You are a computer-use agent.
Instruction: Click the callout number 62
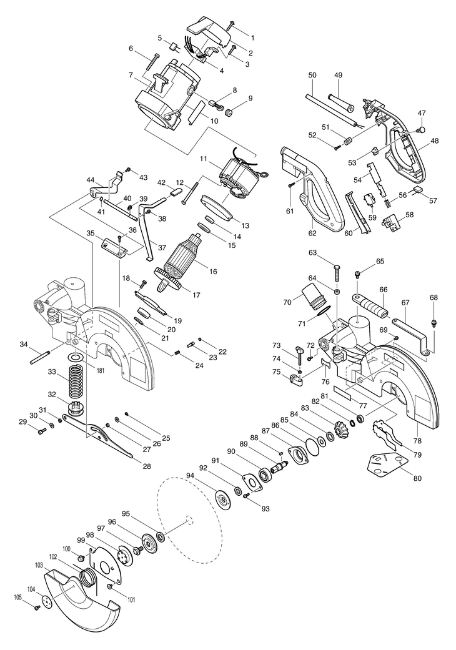[312, 233]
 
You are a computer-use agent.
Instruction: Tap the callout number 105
[17, 598]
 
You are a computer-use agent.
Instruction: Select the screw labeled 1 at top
[230, 26]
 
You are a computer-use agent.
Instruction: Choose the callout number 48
[434, 140]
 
